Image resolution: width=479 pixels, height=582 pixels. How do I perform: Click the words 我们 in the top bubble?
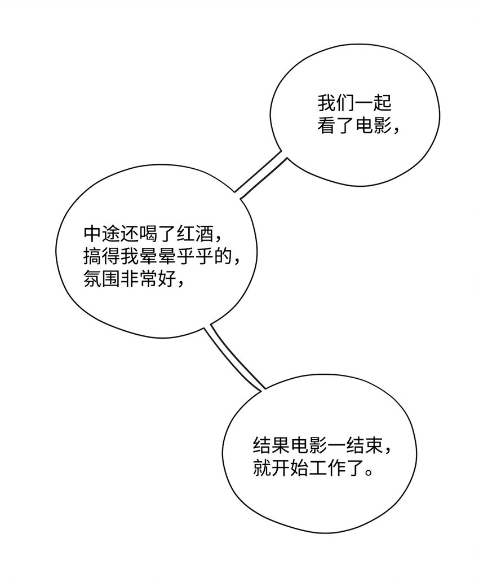336,103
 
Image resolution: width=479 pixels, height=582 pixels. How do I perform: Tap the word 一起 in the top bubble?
373,103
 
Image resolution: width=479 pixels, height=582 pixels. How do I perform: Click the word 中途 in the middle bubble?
101,234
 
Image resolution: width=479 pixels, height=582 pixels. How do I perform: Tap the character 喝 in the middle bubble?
148,234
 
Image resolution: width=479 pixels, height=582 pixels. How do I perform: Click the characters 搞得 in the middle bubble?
101,256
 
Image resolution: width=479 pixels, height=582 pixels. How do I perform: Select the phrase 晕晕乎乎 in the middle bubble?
176,256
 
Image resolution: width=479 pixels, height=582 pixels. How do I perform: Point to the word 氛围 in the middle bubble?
101,278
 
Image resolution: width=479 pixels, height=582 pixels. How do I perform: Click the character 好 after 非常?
167,278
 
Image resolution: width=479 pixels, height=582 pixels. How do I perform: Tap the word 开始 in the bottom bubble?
290,467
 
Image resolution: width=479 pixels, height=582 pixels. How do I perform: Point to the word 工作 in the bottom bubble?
327,467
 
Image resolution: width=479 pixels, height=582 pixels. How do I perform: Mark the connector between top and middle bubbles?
261,175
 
